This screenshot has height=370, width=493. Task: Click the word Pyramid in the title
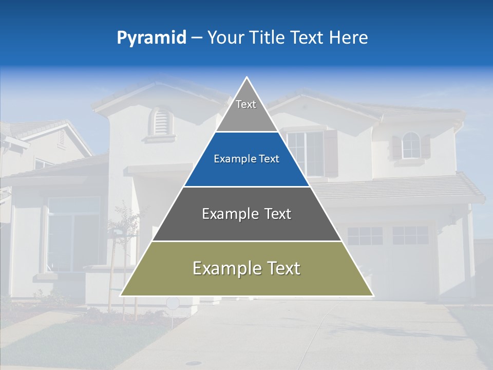[x=151, y=38]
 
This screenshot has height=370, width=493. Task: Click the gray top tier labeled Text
[x=246, y=110]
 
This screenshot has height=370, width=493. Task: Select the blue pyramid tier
[x=246, y=159]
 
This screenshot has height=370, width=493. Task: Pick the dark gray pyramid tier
[x=246, y=214]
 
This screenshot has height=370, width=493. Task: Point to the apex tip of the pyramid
[x=247, y=78]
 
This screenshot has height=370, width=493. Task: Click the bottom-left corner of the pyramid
[x=121, y=295]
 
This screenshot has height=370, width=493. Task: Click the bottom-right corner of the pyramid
[x=373, y=295]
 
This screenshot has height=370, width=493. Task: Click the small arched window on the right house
[x=410, y=145]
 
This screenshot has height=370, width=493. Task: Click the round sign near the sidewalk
[x=173, y=303]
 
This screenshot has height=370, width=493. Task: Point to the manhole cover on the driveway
[x=194, y=363]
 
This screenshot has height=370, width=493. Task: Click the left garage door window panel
[x=365, y=235]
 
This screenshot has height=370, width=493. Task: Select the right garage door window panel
[x=410, y=235]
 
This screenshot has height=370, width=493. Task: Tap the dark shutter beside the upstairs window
[x=330, y=153]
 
